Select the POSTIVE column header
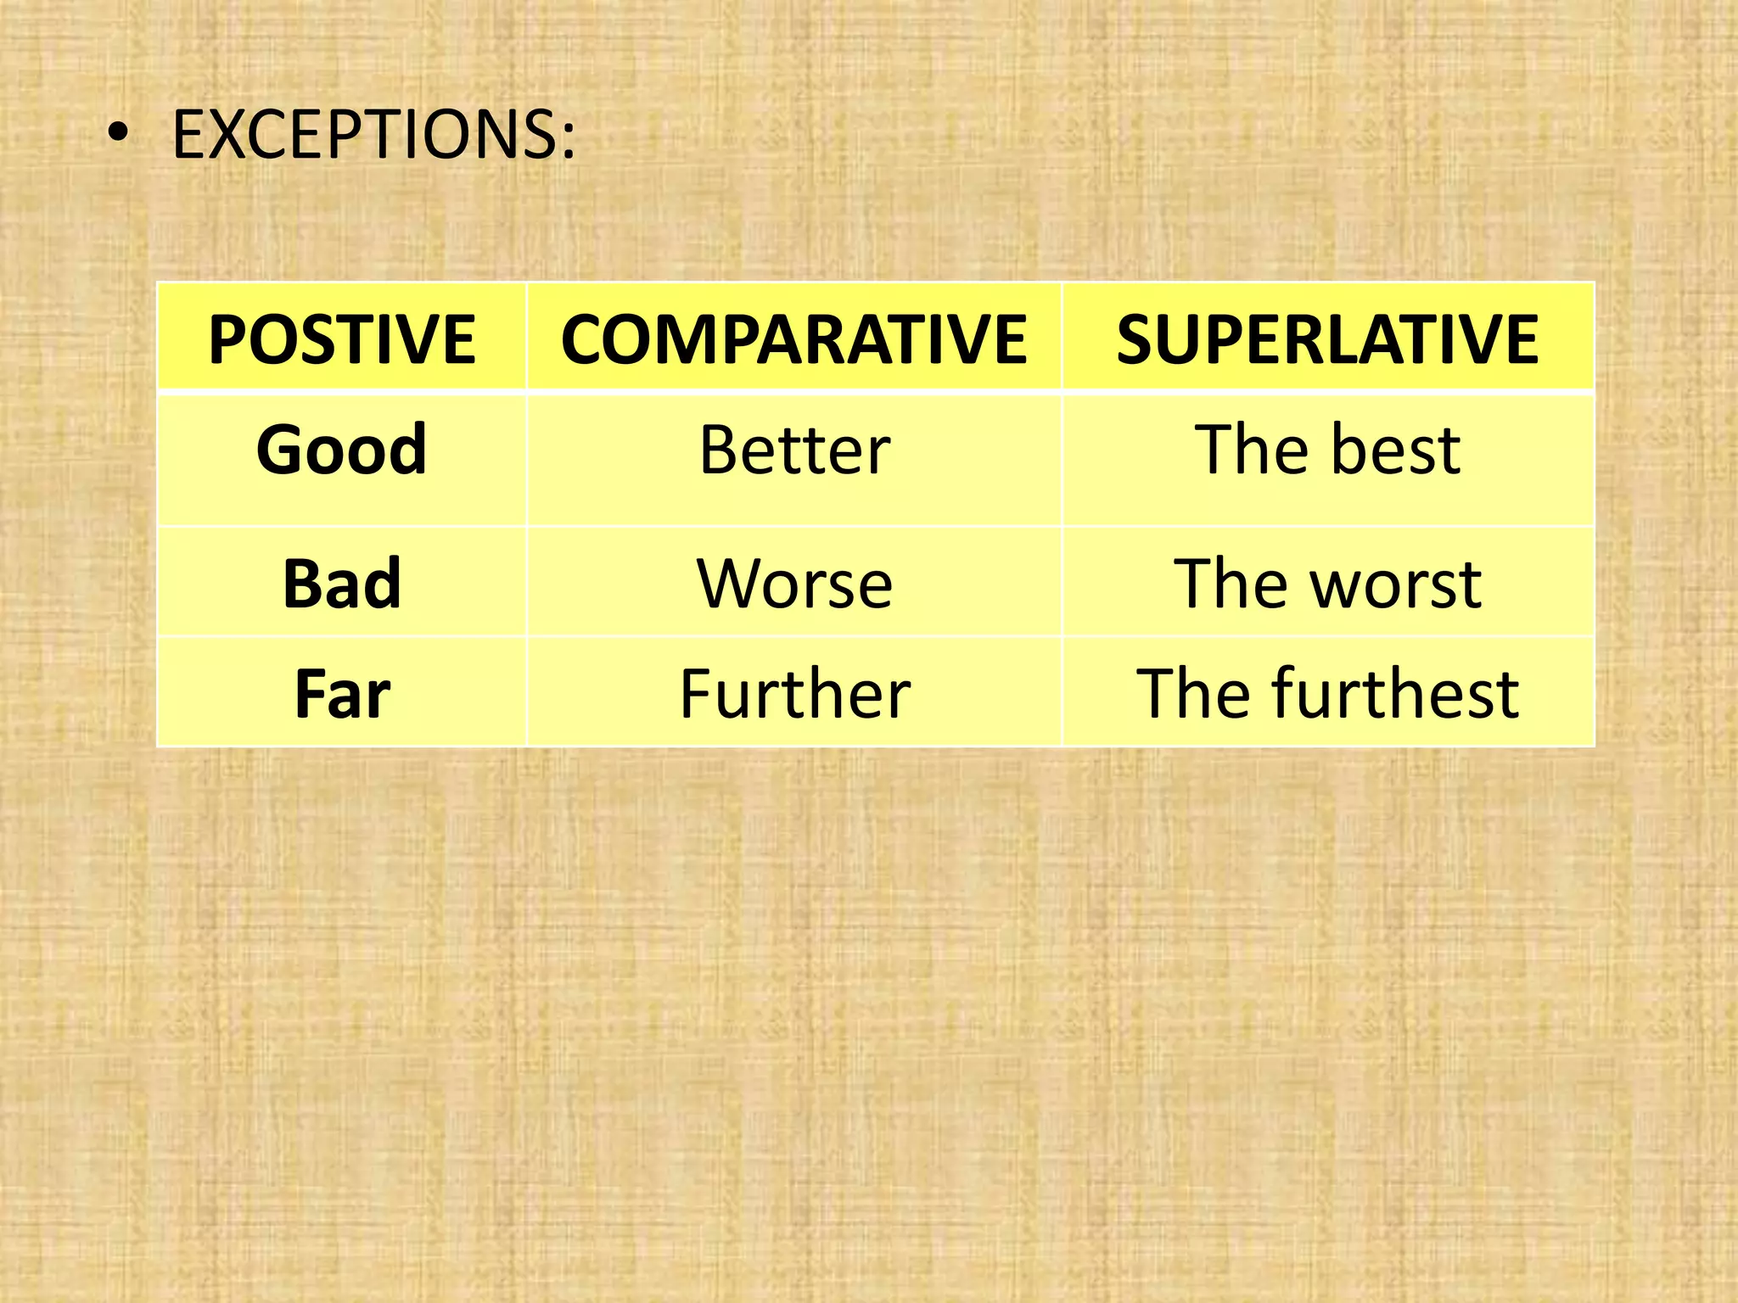point(342,339)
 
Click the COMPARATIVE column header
point(793,339)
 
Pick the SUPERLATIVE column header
point(1327,339)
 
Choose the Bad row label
point(342,584)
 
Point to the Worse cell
point(794,584)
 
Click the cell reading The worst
point(1327,584)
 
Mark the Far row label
point(342,693)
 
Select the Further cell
point(794,693)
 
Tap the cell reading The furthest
point(1327,693)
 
